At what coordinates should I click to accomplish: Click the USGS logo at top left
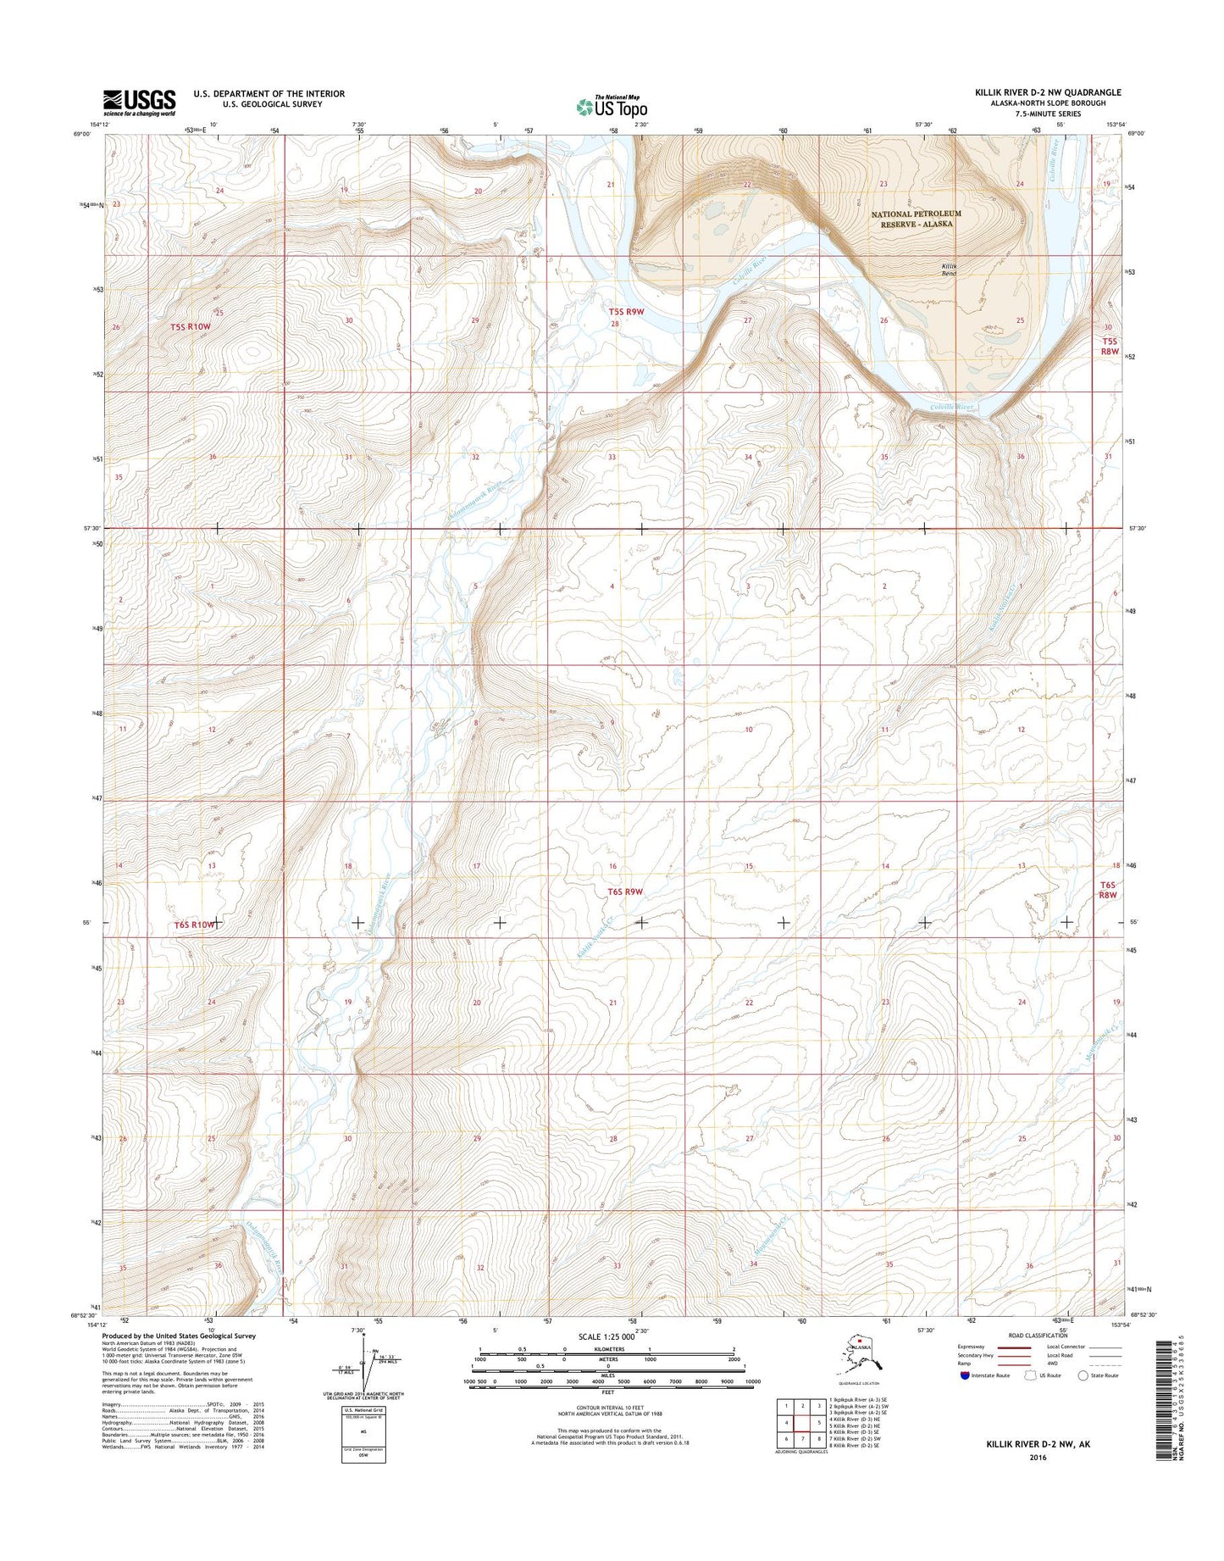[x=139, y=102]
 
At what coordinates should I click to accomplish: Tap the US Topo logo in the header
[x=612, y=107]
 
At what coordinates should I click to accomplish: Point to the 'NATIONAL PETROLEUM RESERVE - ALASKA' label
[x=917, y=219]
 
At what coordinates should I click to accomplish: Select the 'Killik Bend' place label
[x=950, y=269]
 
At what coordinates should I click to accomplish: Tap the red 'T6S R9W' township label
[x=625, y=892]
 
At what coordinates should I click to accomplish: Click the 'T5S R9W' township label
[x=627, y=312]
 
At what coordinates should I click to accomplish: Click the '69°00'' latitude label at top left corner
[x=81, y=133]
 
